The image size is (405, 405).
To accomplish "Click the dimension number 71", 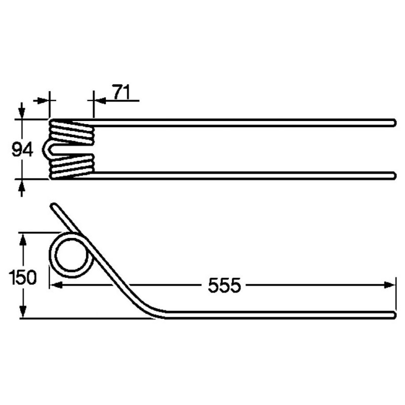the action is point(121,92).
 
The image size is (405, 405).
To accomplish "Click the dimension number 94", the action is point(22,150).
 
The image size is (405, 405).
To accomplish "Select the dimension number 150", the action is point(22,277).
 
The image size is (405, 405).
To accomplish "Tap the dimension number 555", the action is point(224,286).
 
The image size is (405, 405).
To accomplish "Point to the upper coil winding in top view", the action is point(72,132).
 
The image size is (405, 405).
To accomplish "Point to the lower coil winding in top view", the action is point(72,167).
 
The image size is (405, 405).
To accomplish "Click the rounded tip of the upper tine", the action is point(394,123).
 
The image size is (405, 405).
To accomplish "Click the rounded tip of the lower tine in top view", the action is point(394,176).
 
